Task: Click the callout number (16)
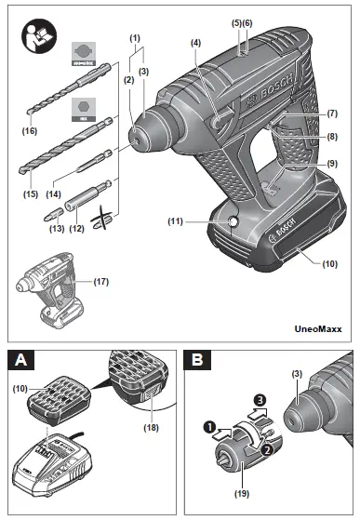(29, 131)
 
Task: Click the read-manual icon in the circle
(37, 40)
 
